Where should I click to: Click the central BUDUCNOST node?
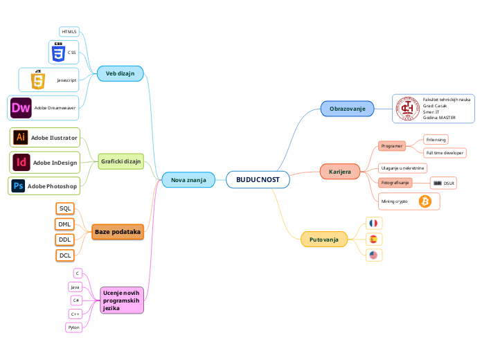tap(258, 180)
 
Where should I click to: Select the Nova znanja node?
tap(184, 180)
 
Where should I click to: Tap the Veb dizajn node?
tap(120, 73)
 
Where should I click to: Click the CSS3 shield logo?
tap(58, 52)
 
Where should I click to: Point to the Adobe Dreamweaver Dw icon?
tap(21, 107)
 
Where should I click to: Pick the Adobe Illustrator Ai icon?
tap(21, 138)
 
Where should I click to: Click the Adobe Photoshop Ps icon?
tap(18, 186)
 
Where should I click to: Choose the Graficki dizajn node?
tap(120, 161)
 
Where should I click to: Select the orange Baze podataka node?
tap(117, 231)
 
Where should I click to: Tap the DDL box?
tap(65, 240)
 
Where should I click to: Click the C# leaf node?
tap(76, 300)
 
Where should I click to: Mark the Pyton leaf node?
tap(74, 327)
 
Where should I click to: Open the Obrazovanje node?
tap(347, 109)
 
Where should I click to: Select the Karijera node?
tap(339, 171)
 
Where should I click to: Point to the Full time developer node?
tap(445, 152)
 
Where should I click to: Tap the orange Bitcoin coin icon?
tap(425, 201)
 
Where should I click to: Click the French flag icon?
tap(373, 224)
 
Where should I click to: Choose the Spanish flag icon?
tap(373, 239)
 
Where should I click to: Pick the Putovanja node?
tap(323, 240)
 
